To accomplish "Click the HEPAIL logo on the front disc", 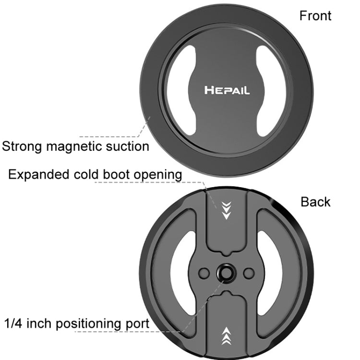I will (x=227, y=90).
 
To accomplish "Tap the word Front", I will (x=315, y=15).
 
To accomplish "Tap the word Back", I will (x=315, y=202).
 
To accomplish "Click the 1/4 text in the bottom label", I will (x=13, y=323).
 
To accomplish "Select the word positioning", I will (x=88, y=323).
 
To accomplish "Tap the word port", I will (x=138, y=323).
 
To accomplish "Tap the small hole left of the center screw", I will (x=204, y=273).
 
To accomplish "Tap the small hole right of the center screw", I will (x=248, y=273).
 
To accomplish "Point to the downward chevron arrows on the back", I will (x=226, y=210).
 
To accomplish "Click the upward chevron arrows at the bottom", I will (x=226, y=336).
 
